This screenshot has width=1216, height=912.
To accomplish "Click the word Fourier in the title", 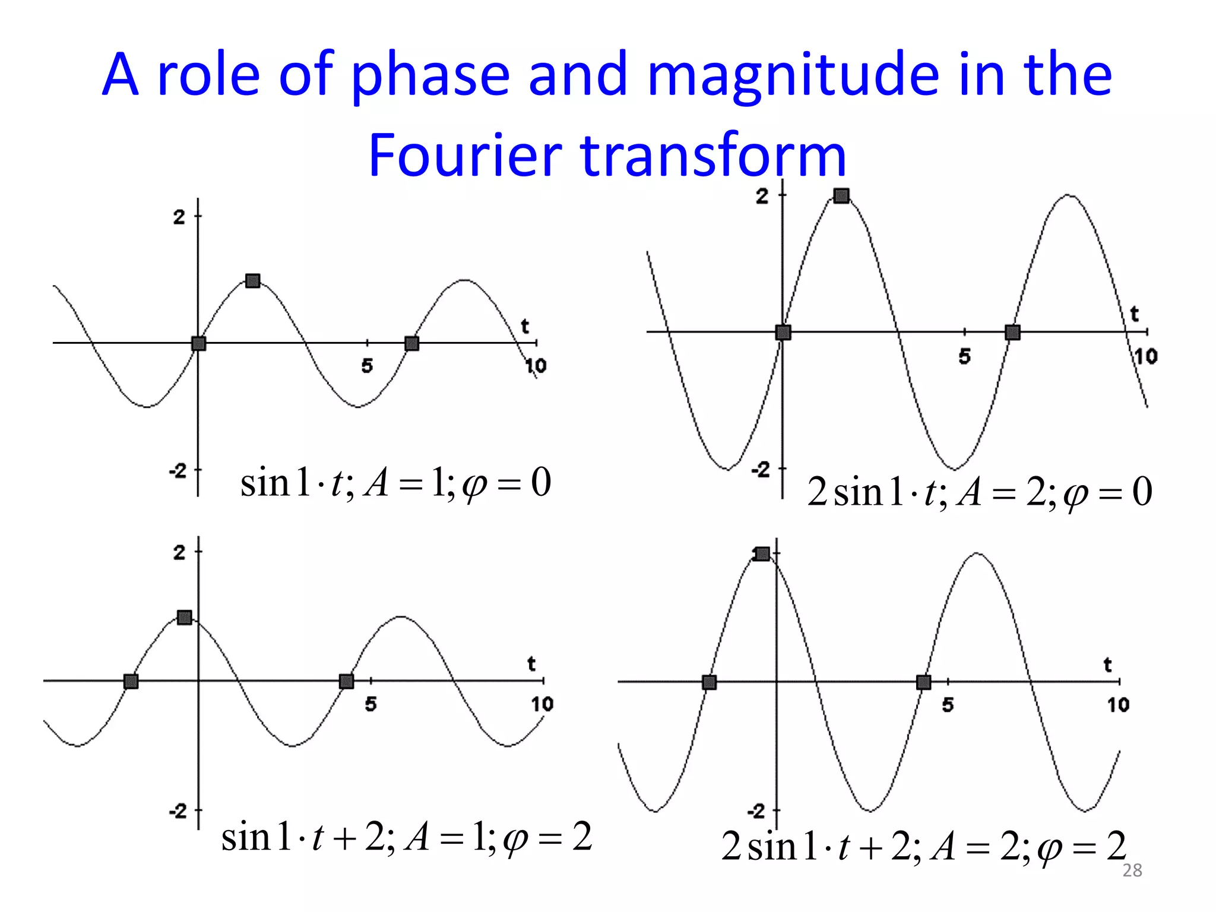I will point(464,156).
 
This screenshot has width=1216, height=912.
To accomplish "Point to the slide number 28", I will point(1132,870).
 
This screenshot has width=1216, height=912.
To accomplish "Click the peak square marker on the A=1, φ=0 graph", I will point(253,281).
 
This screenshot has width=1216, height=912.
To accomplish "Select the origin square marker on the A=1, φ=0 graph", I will point(199,343).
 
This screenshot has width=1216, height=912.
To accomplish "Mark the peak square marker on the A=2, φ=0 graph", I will point(841,196).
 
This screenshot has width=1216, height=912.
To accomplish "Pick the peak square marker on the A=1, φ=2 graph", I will point(185,617).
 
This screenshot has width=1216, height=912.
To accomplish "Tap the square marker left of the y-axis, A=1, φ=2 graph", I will point(131,682).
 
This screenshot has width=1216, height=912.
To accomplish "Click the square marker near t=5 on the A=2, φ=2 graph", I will point(923,682).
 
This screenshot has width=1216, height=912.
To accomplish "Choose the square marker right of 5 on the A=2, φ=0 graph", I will point(1013,332).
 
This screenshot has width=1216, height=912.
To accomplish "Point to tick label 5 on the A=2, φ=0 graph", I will point(965,356).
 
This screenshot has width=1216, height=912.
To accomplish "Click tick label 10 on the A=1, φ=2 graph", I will point(541,704).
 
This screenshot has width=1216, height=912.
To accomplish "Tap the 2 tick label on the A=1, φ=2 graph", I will point(179,553).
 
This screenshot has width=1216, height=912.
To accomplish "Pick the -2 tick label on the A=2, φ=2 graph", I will point(756,811).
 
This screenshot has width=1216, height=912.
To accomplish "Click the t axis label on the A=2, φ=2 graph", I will point(1108,664).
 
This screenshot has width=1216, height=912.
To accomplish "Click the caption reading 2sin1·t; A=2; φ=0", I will point(980,492).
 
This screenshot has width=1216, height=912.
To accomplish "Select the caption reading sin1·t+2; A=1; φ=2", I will point(407,837).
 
